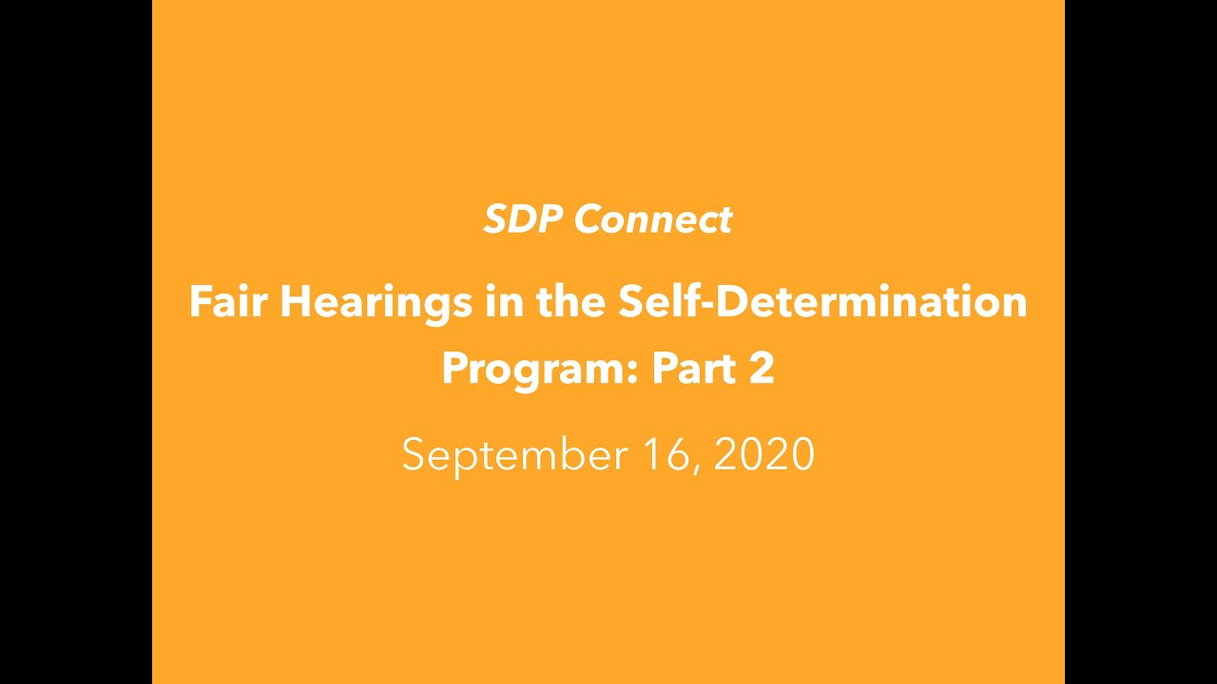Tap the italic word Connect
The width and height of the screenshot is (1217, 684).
[652, 219]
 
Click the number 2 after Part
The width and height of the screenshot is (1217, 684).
[762, 369]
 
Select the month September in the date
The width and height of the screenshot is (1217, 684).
[515, 456]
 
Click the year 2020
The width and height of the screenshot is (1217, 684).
[763, 454]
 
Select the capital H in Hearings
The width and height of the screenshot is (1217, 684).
[296, 302]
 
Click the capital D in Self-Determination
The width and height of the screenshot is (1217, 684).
[738, 302]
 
